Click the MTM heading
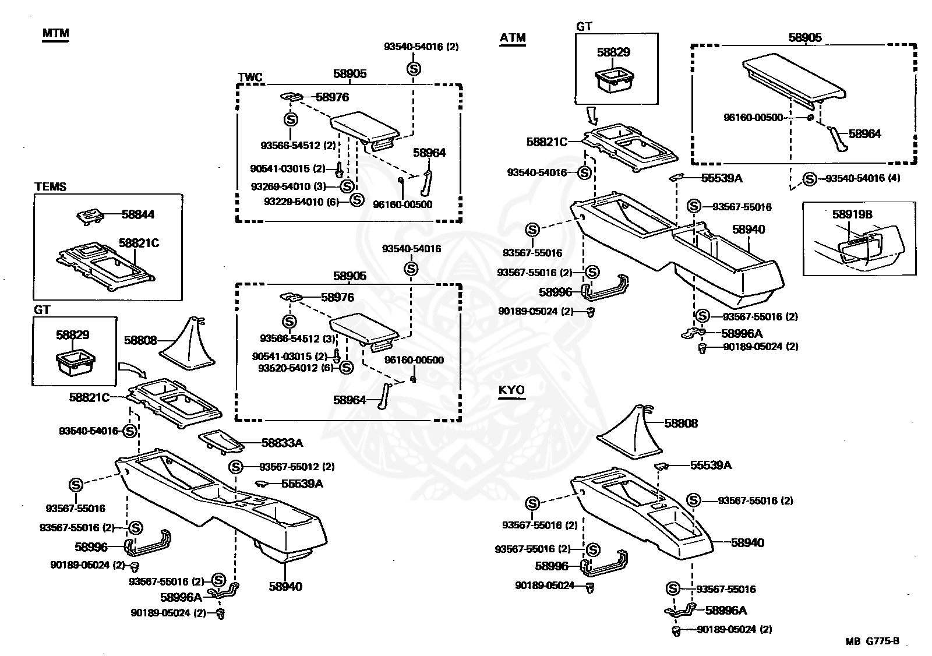(56, 33)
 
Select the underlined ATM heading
(513, 38)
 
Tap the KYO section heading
(511, 390)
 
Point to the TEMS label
(50, 186)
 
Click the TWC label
(250, 77)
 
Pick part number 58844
(137, 214)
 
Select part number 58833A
(282, 443)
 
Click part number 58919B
(852, 214)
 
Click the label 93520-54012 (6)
(296, 368)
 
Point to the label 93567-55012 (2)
(296, 467)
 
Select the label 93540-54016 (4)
(863, 178)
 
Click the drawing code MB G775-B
(872, 641)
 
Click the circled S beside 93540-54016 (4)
(809, 179)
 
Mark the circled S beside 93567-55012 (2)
(236, 467)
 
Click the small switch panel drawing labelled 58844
(90, 217)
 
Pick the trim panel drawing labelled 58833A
(221, 442)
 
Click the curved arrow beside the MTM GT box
(132, 369)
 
